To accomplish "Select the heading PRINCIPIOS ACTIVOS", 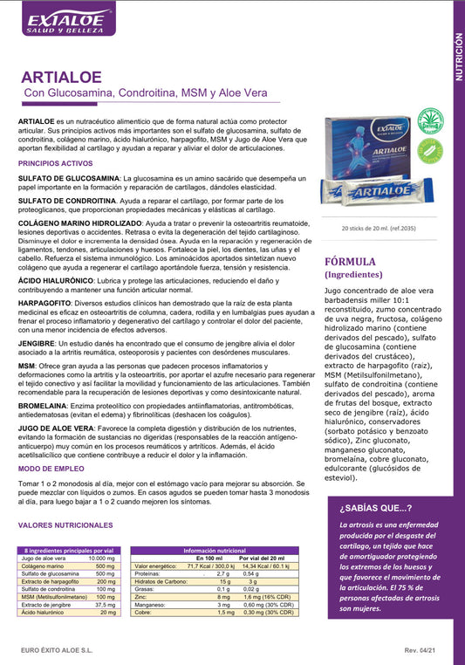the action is (x=55, y=163).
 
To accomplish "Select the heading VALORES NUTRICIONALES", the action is (x=65, y=525).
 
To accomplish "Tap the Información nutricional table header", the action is (x=214, y=551).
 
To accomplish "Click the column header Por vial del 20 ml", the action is (x=262, y=558).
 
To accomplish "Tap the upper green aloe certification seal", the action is (x=429, y=120).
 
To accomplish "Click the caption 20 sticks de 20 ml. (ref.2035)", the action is (x=380, y=228).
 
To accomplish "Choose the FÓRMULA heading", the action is (x=350, y=261).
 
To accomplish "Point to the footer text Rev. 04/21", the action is (x=423, y=651).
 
